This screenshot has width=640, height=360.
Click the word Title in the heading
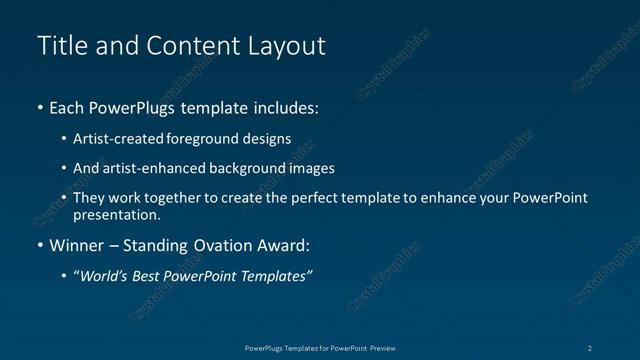59,46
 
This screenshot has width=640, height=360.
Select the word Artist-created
119,139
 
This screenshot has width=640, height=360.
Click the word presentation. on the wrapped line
116,214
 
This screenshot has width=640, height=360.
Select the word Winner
76,245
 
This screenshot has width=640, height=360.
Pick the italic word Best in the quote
149,276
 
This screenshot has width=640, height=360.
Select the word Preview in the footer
389,347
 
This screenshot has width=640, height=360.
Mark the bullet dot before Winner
40,245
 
